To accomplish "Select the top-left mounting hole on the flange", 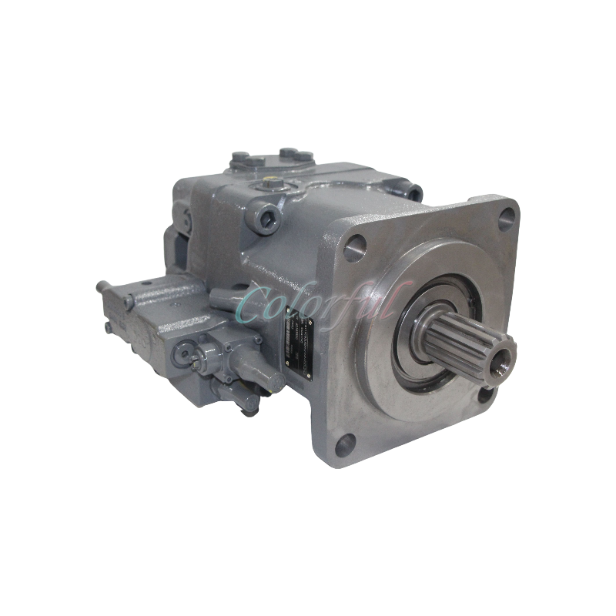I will pyautogui.click(x=357, y=246).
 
